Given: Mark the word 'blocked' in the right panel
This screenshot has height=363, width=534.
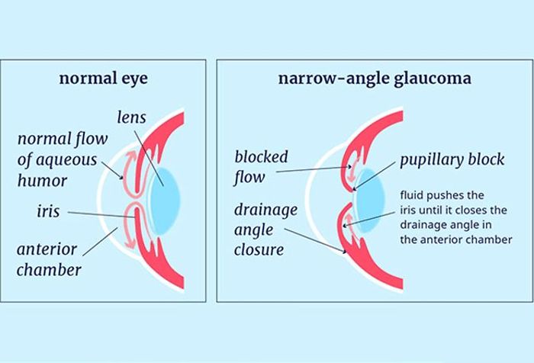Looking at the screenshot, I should [x=262, y=158].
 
